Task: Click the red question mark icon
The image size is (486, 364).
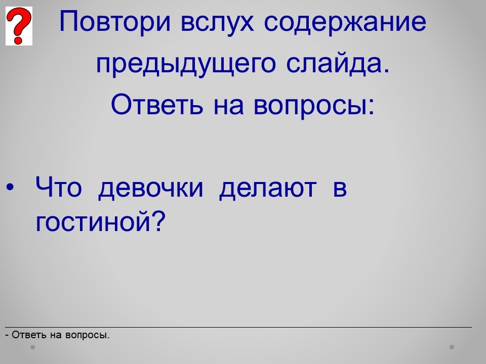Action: (19, 26)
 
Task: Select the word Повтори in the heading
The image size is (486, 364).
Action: (115, 22)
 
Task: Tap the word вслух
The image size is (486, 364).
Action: (217, 22)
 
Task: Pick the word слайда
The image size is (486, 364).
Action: (338, 64)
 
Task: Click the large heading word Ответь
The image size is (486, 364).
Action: (157, 104)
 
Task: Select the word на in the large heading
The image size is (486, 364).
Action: (228, 106)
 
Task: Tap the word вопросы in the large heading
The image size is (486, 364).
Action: (314, 107)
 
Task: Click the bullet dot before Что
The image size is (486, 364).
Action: (10, 187)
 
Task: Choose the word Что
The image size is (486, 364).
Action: (59, 187)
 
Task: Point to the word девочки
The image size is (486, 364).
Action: (151, 189)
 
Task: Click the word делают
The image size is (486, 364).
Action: (268, 189)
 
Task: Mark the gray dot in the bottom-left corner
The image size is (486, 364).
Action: (32, 347)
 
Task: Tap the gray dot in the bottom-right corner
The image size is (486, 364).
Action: (452, 347)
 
